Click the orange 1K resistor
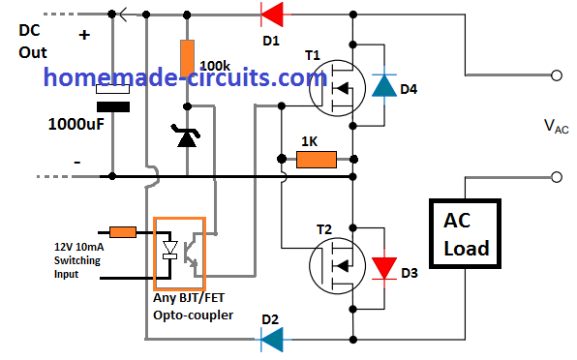click(316, 158)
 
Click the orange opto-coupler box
click(179, 252)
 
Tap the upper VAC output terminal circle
click(558, 75)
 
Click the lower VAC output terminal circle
click(558, 177)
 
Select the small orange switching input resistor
click(123, 232)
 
